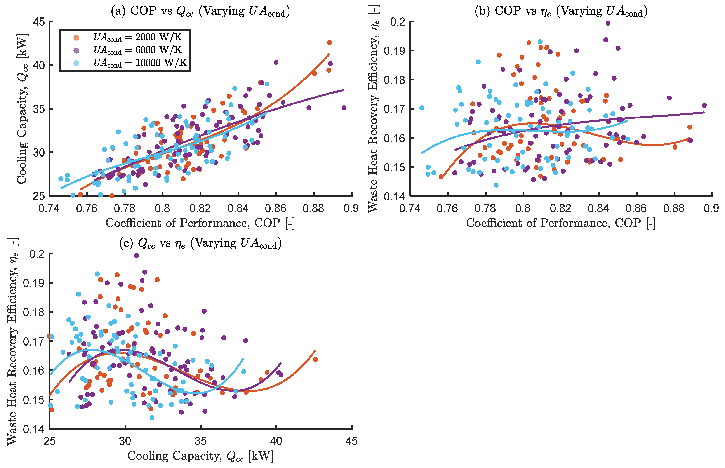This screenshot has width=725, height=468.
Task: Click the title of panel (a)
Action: point(200,11)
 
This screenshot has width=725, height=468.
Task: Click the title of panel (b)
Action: point(561,11)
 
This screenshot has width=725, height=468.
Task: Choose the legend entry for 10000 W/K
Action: point(140,63)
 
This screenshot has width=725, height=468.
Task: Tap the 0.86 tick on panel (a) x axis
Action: point(276,209)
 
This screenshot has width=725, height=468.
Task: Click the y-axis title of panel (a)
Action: point(22,109)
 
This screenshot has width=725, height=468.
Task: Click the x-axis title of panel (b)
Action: point(561,223)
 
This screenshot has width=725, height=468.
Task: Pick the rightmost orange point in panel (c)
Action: point(315,360)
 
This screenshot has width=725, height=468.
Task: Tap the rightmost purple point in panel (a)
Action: point(344,108)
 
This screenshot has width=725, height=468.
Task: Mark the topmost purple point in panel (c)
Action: point(136,255)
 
